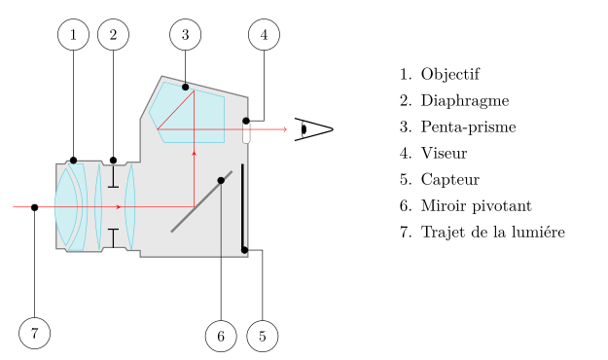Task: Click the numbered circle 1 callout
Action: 73,35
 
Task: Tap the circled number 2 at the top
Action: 113,35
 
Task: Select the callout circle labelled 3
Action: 185,35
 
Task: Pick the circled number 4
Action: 264,35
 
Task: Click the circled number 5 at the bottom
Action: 263,337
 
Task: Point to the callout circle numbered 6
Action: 221,337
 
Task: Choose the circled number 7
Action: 34,334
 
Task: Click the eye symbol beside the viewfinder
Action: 313,129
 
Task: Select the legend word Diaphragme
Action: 465,100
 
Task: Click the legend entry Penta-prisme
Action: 469,126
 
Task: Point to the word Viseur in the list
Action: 445,153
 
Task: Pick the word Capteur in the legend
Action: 450,179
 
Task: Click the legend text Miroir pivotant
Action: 477,205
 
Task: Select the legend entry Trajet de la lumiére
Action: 493,232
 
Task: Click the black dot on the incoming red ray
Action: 34,207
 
